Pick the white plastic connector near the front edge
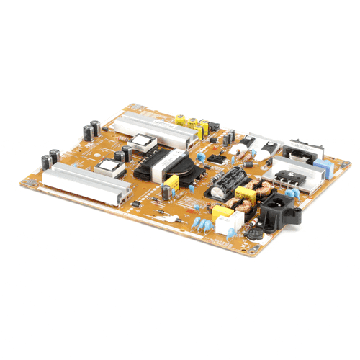pyautogui.click(x=226, y=225)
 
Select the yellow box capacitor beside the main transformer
pyautogui.click(x=171, y=183)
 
